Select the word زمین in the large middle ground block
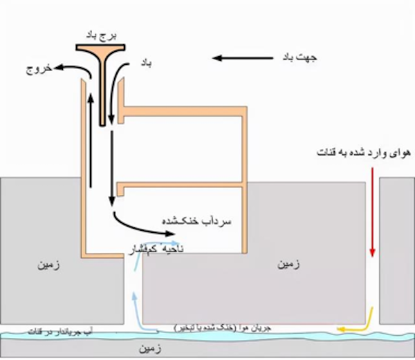tap(288, 265)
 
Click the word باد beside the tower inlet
tap(147, 63)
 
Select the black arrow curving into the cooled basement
tap(131, 221)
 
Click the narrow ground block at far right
tap(396, 249)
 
